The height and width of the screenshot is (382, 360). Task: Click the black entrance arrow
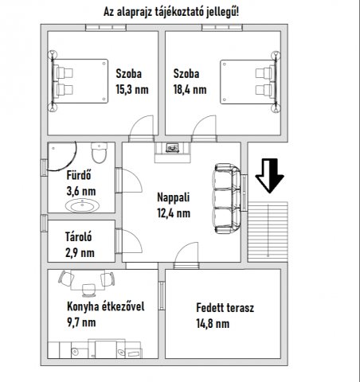coord(269,176)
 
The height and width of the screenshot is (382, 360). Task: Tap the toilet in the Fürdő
coord(100,153)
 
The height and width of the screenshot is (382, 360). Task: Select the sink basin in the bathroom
coord(83,205)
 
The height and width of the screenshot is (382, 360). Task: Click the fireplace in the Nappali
coord(173,152)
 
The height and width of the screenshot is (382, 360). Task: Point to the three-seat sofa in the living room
coord(227,198)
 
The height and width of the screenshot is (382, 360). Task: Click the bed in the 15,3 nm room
coord(79,81)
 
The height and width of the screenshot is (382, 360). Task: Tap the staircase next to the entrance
coord(268,232)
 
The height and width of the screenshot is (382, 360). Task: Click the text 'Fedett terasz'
coord(225,308)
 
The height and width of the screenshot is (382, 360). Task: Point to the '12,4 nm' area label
coord(174,213)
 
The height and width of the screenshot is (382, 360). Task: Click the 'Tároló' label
coord(79,236)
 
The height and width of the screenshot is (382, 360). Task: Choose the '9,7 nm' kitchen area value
coord(81,322)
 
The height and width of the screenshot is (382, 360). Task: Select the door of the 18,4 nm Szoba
coord(204,128)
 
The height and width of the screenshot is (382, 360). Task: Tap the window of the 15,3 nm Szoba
coord(106,28)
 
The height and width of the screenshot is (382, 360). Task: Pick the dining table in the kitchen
coord(88,281)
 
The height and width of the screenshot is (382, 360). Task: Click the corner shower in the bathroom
coord(62,156)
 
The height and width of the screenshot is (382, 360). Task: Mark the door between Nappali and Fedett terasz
coord(186,255)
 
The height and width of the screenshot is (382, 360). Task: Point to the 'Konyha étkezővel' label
coord(106,306)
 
